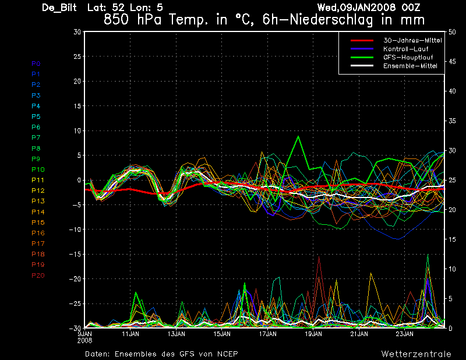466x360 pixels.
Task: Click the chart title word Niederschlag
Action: [x=331, y=20]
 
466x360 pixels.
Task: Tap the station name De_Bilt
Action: [x=59, y=8]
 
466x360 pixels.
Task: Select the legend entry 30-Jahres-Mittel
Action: [x=412, y=40]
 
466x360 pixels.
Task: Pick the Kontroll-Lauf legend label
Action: [x=405, y=49]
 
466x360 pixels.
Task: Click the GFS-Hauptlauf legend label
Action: [x=408, y=57]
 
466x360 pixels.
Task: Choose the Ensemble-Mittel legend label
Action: [x=410, y=66]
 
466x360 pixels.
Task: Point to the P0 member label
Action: [x=36, y=63]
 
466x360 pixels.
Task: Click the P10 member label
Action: [x=38, y=170]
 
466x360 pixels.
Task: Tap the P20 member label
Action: [x=38, y=276]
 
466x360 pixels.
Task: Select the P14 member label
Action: [x=38, y=212]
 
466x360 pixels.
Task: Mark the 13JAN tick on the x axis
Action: [x=176, y=334]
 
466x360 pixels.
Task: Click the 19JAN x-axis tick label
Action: [x=313, y=334]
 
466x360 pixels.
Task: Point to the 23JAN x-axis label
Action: [x=404, y=334]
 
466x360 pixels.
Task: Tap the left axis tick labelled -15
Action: [x=75, y=254]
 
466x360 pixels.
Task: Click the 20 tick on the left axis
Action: [x=77, y=81]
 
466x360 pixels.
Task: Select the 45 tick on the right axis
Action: [x=452, y=62]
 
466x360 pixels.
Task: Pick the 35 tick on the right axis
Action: [x=452, y=121]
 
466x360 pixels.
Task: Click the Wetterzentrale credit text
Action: [x=416, y=354]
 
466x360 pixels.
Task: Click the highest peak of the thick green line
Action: [x=298, y=136]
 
